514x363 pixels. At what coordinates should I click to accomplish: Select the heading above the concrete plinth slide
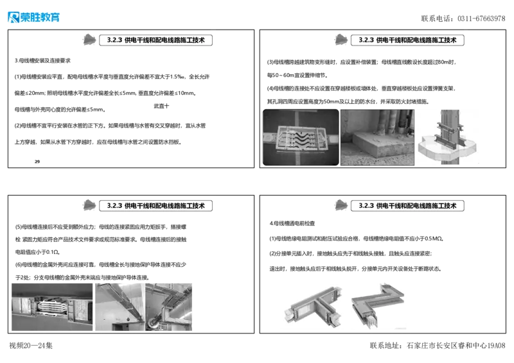pos(408,40)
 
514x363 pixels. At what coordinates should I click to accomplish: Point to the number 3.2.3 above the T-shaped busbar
pos(366,206)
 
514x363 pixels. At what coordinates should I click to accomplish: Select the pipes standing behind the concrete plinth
pos(389,121)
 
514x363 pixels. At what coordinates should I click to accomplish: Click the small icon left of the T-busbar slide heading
pos(342,205)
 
